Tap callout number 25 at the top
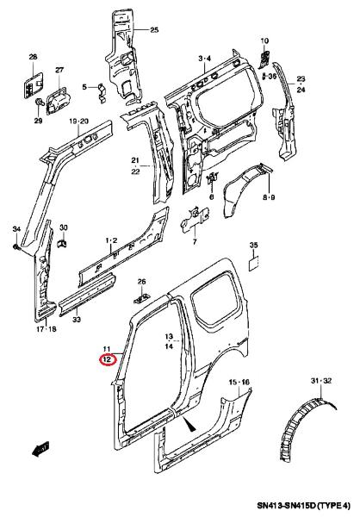click(154, 30)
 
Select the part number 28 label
click(33, 57)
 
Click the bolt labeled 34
click(17, 246)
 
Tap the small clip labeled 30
click(63, 243)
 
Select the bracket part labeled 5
click(102, 93)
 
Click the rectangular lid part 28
click(34, 85)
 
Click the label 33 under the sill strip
click(77, 319)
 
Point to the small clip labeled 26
click(142, 298)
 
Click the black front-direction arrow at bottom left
click(40, 448)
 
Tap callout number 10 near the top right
click(264, 40)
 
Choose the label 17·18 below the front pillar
click(47, 329)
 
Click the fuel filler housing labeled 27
click(57, 100)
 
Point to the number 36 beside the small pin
click(272, 77)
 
